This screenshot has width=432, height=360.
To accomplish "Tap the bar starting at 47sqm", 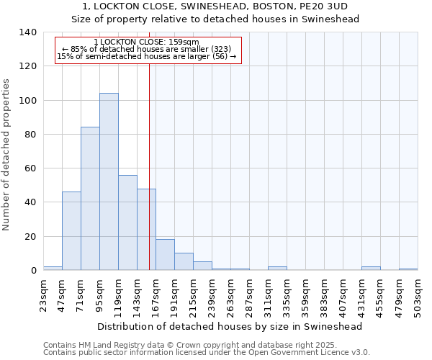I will (x=71, y=231).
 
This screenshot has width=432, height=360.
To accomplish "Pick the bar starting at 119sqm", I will (x=127, y=222).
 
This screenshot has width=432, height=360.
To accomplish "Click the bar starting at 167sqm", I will (x=165, y=255).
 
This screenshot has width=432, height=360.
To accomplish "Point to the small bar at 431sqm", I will (x=371, y=269).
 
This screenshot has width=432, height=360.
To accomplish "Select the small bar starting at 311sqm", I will (x=277, y=269).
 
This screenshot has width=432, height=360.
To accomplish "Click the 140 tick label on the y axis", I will (x=27, y=32).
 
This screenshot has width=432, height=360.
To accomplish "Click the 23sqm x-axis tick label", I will (x=44, y=294).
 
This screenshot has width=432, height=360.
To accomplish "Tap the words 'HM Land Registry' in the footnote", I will (x=109, y=345).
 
